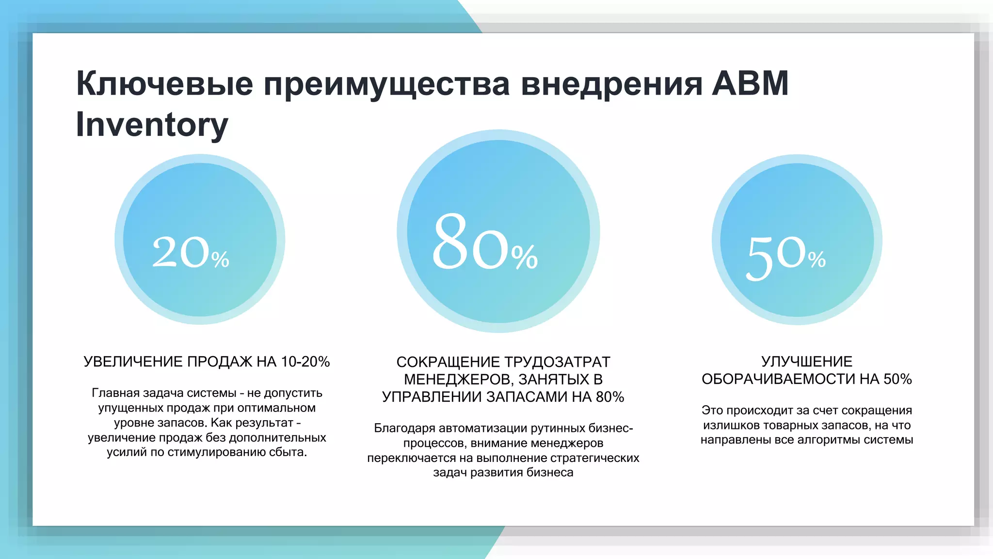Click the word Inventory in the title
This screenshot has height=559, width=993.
click(152, 125)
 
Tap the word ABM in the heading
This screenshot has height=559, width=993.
click(750, 83)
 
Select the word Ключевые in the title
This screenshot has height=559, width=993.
click(165, 83)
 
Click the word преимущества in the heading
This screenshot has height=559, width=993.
click(386, 83)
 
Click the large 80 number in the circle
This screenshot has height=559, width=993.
click(470, 242)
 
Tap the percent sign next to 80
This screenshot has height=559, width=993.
click(525, 257)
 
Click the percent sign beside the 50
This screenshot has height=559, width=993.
click(817, 259)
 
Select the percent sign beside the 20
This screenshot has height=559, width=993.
click(220, 260)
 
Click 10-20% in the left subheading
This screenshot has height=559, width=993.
click(305, 362)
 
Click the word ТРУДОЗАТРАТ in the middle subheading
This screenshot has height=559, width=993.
click(557, 362)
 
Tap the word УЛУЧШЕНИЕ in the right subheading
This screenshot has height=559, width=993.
click(806, 362)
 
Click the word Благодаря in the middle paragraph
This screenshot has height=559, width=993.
click(404, 428)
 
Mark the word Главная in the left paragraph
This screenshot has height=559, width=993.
click(112, 393)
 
